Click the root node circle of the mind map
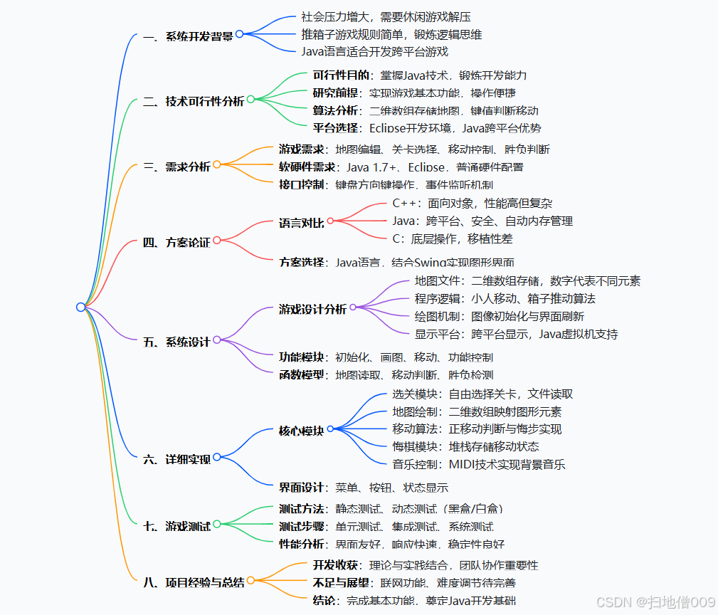[80, 307]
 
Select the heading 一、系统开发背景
[188, 36]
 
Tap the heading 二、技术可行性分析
[194, 101]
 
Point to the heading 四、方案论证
[176, 242]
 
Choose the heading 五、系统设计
[176, 342]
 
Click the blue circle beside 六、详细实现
[216, 458]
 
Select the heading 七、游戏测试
[176, 526]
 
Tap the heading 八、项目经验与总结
[194, 582]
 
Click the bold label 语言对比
[302, 223]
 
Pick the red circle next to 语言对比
[330, 221]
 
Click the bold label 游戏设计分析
[312, 309]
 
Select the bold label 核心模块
[302, 431]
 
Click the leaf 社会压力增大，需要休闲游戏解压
[386, 16]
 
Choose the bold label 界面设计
[302, 488]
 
